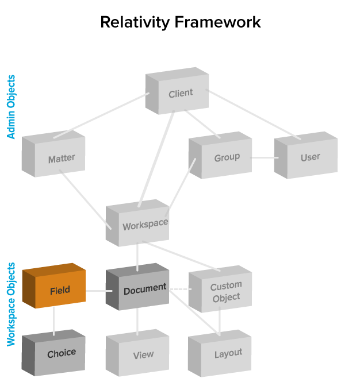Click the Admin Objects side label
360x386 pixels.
pyautogui.click(x=12, y=107)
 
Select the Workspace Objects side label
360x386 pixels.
pyautogui.click(x=12, y=304)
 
